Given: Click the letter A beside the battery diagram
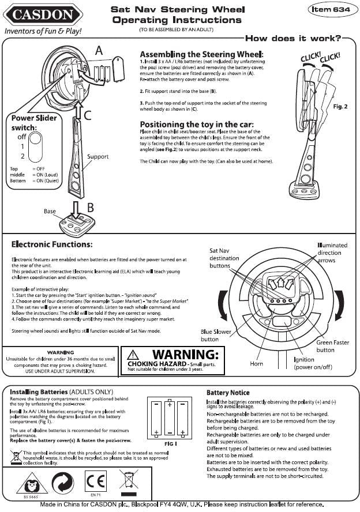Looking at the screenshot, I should click(x=99, y=51).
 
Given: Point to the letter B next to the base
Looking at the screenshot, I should click(x=91, y=207).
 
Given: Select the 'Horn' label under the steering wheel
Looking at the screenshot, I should click(x=257, y=364).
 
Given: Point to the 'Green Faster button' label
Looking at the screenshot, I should click(x=333, y=346).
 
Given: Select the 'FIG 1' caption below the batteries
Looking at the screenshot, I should click(x=170, y=445).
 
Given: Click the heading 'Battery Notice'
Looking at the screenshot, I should click(x=228, y=393).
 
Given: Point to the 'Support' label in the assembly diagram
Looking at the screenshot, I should click(x=97, y=157).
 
